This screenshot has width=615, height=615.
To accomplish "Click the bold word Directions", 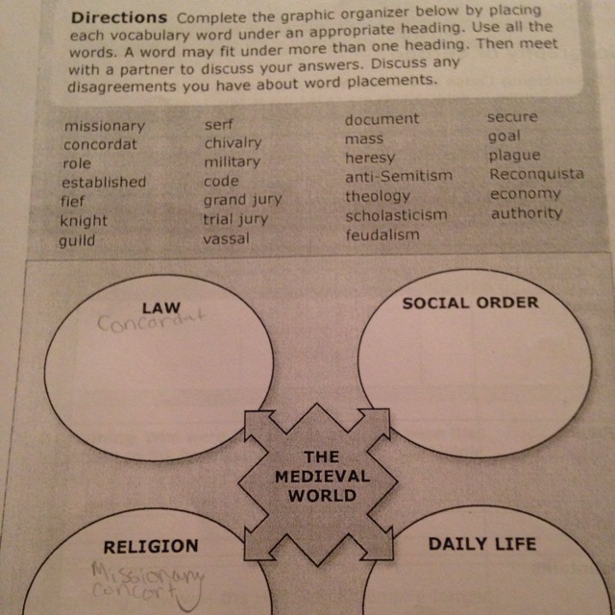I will click(117, 19).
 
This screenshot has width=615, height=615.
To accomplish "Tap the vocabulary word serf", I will click(218, 125).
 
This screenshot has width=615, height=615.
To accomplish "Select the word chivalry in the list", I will click(232, 143).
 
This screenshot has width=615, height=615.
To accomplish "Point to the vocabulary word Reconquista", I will click(536, 175).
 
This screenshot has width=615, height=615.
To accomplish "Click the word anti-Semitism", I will click(398, 177).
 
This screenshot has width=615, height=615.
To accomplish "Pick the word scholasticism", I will click(396, 215).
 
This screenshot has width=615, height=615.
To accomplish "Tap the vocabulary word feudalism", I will click(381, 234).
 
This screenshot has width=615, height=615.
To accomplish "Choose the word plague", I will click(514, 156).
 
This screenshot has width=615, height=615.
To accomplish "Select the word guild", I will click(77, 240).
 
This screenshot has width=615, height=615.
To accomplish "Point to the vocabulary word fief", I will click(73, 202).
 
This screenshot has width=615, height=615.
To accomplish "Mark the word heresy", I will click(370, 158).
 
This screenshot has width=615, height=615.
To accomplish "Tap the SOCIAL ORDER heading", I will click(470, 303).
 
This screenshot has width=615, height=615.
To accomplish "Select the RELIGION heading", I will click(150, 546).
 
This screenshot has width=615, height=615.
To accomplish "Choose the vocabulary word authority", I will click(526, 213).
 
